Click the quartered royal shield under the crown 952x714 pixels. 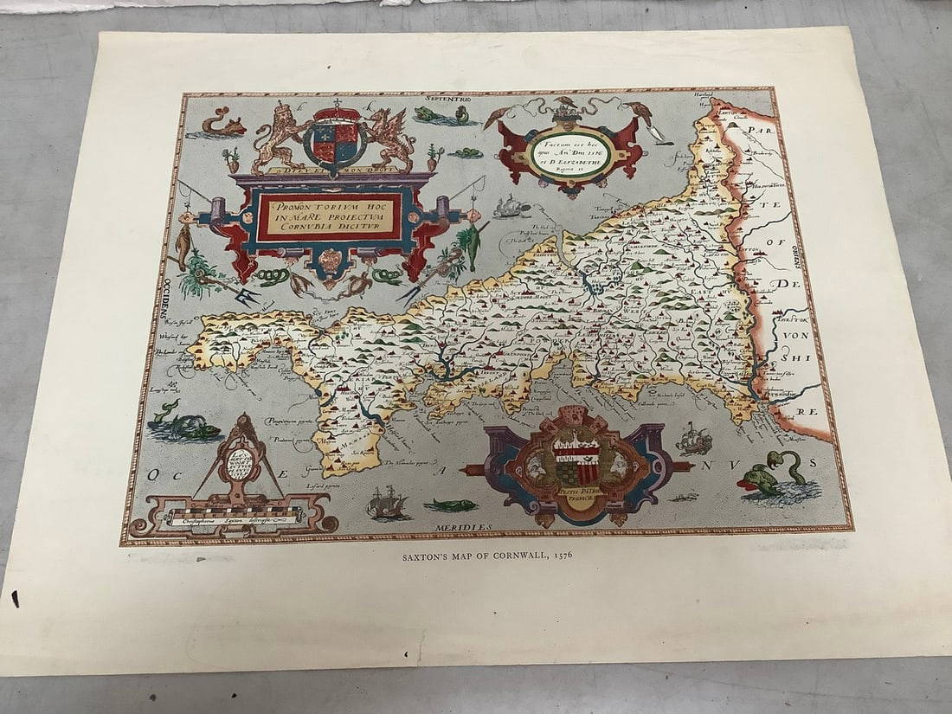point(335,138)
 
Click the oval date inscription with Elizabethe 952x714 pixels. point(570,149)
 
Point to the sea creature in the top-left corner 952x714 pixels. point(211,124)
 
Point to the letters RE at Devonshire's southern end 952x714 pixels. point(806,411)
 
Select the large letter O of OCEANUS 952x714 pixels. point(154,474)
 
